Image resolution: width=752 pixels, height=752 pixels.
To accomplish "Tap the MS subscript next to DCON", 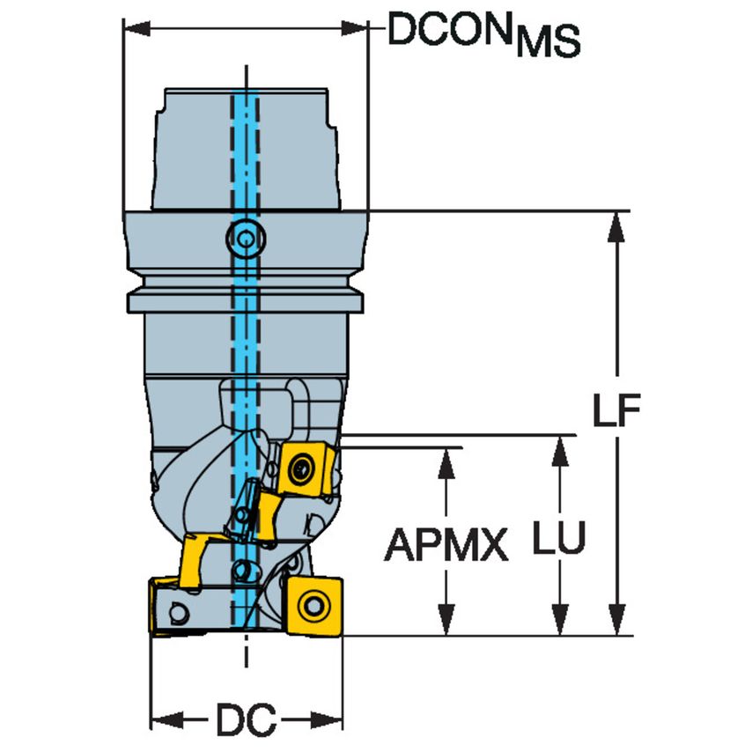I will pos(548,42).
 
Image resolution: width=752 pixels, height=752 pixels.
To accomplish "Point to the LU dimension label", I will pos(558,539).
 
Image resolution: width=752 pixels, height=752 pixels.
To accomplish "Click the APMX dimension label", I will pos(446,546).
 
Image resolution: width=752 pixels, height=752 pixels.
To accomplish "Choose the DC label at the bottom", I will pos(246,721).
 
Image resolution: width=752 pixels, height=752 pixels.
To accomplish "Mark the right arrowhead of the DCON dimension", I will pos(356,30).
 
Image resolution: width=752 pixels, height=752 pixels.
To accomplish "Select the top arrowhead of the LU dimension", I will pos(558,448).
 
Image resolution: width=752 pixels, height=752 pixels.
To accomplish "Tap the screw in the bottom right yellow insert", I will pos(313,605).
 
